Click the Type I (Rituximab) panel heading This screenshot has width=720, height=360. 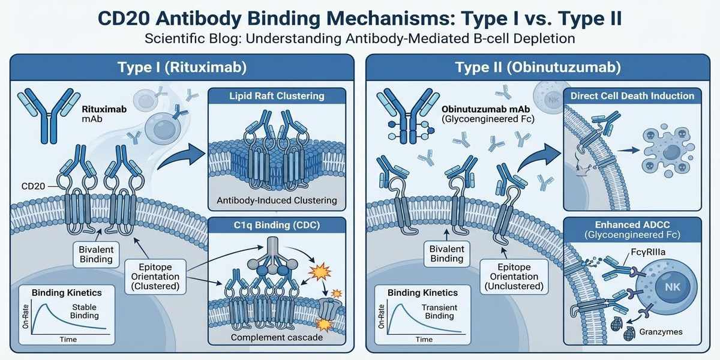(x=181, y=67)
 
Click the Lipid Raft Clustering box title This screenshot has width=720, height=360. (x=276, y=96)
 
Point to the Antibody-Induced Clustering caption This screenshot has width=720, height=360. (x=276, y=200)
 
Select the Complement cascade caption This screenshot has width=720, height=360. (x=276, y=337)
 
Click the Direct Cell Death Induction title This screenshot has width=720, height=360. (x=632, y=96)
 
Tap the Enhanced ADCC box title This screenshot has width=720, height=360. (x=632, y=229)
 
